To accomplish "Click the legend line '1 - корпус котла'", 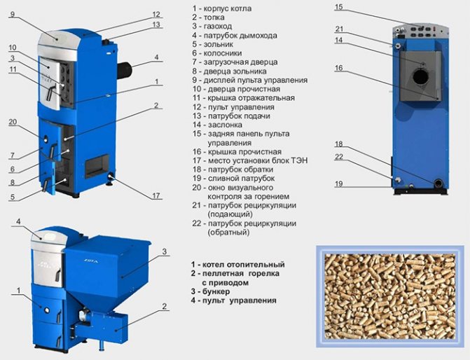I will click(x=223, y=8).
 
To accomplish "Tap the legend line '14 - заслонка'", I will click(x=218, y=124).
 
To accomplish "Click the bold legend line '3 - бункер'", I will click(x=214, y=291).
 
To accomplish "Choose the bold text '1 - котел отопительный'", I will click(x=237, y=265).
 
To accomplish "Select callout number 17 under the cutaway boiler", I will click(x=156, y=196).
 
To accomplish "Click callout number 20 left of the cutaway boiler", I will click(x=12, y=122).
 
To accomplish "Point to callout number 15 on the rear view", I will click(x=338, y=7).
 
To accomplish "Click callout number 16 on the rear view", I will click(x=338, y=68).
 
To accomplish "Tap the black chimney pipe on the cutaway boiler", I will click(x=126, y=69).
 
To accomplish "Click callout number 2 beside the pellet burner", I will click(x=164, y=306).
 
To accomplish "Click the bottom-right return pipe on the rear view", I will click(x=438, y=184).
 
